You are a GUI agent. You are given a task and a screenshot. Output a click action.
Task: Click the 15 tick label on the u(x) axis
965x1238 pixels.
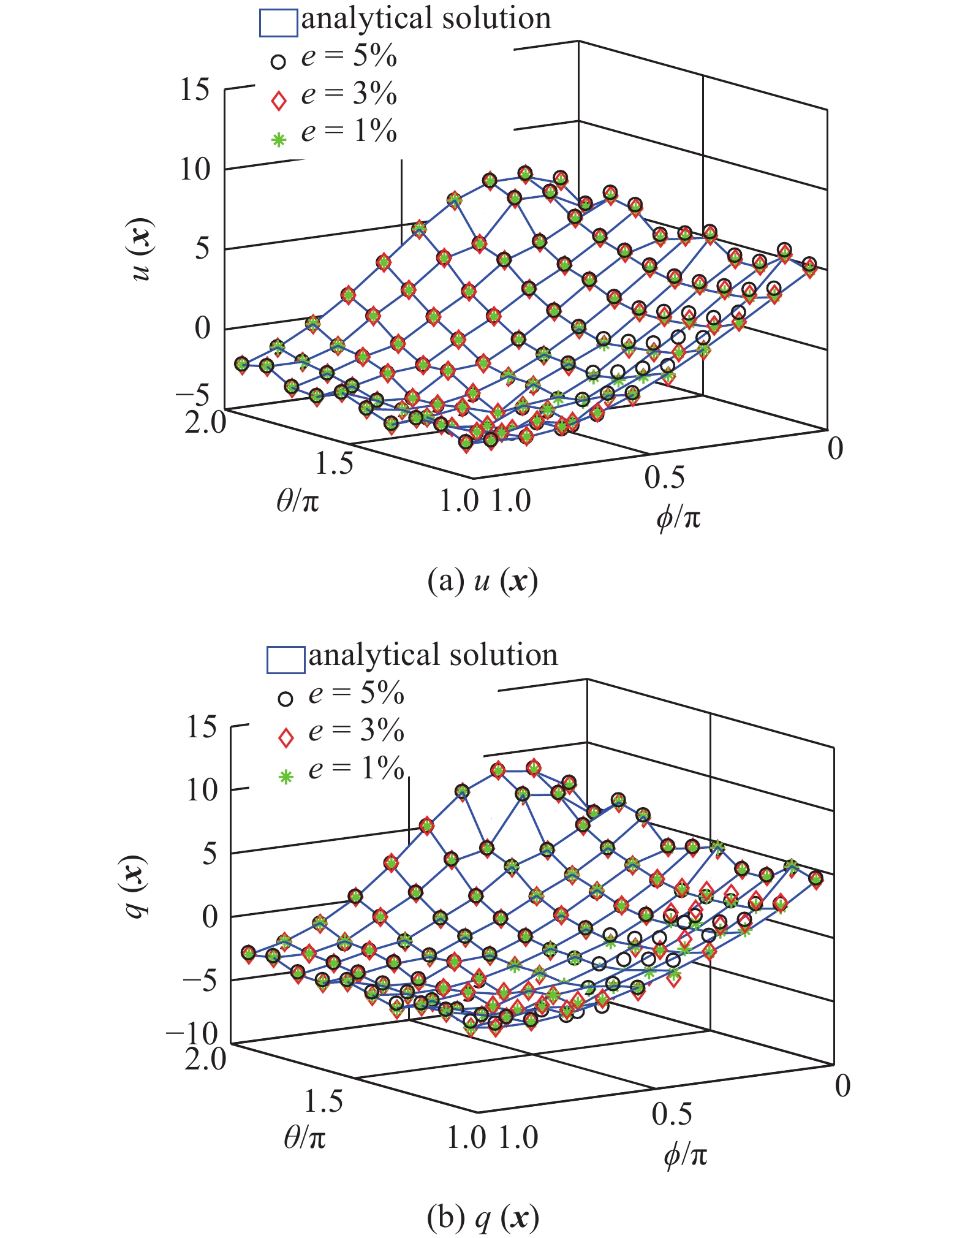point(194,90)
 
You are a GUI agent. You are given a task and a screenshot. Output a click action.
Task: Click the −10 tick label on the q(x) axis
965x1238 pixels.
point(192,1034)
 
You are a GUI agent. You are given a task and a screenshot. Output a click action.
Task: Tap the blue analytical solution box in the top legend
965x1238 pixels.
point(278,23)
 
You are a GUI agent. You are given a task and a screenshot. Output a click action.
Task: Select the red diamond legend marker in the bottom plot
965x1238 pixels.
point(286,738)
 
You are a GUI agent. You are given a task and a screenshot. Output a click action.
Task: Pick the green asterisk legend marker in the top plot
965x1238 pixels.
point(279,140)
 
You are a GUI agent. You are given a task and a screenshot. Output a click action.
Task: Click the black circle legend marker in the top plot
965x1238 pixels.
point(279,62)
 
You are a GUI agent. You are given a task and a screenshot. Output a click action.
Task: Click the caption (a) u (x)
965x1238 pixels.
point(482,581)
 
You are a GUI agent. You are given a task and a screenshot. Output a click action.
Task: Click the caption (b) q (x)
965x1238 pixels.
point(482,1217)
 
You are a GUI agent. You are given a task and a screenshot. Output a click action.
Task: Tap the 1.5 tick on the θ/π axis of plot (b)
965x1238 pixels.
point(324,1101)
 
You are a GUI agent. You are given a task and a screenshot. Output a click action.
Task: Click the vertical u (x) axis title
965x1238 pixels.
point(143,250)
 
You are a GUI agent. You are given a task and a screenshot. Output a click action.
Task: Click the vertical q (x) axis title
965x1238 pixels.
point(138,886)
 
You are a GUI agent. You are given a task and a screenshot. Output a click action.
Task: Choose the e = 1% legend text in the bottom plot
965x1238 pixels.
point(356,768)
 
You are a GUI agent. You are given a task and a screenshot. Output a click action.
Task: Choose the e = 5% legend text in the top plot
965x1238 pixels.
point(349,57)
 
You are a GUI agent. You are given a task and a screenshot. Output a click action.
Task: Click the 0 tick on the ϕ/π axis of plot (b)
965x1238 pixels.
point(842,1086)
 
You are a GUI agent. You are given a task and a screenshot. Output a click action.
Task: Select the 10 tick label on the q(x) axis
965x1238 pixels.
point(202,790)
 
